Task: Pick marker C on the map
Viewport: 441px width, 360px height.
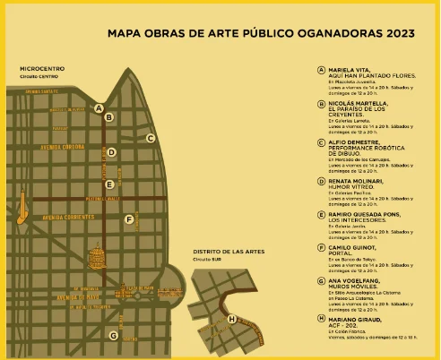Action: tap(151, 138)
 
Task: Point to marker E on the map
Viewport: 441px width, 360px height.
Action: tap(108, 184)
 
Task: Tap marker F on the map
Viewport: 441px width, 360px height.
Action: tap(129, 219)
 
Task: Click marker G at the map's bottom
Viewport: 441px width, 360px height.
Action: tap(113, 335)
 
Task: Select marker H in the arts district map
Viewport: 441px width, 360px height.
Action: tap(232, 319)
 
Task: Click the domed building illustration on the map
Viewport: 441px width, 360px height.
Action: tap(96, 259)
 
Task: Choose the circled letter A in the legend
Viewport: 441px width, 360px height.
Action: tap(321, 69)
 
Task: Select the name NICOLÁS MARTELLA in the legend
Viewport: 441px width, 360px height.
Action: tap(358, 104)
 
